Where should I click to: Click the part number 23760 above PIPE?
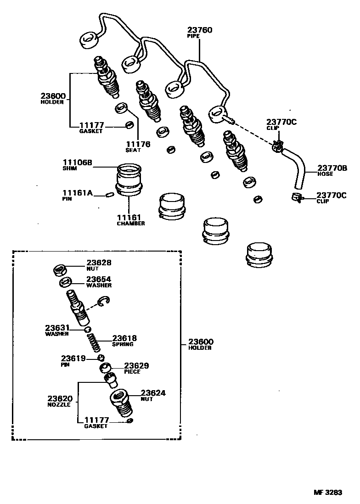point(200,30)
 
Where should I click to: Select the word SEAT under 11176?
point(133,150)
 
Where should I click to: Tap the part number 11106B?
point(78,162)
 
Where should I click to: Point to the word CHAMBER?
point(130,224)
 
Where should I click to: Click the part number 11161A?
point(78,193)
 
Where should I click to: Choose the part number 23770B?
point(332,168)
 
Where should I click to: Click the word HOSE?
point(326,174)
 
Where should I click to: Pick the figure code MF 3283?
point(328,493)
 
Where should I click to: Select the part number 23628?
point(99,263)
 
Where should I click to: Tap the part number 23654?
point(99,279)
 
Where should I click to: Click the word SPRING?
point(123,344)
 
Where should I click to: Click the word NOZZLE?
point(59,405)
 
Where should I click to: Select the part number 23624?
point(153,393)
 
